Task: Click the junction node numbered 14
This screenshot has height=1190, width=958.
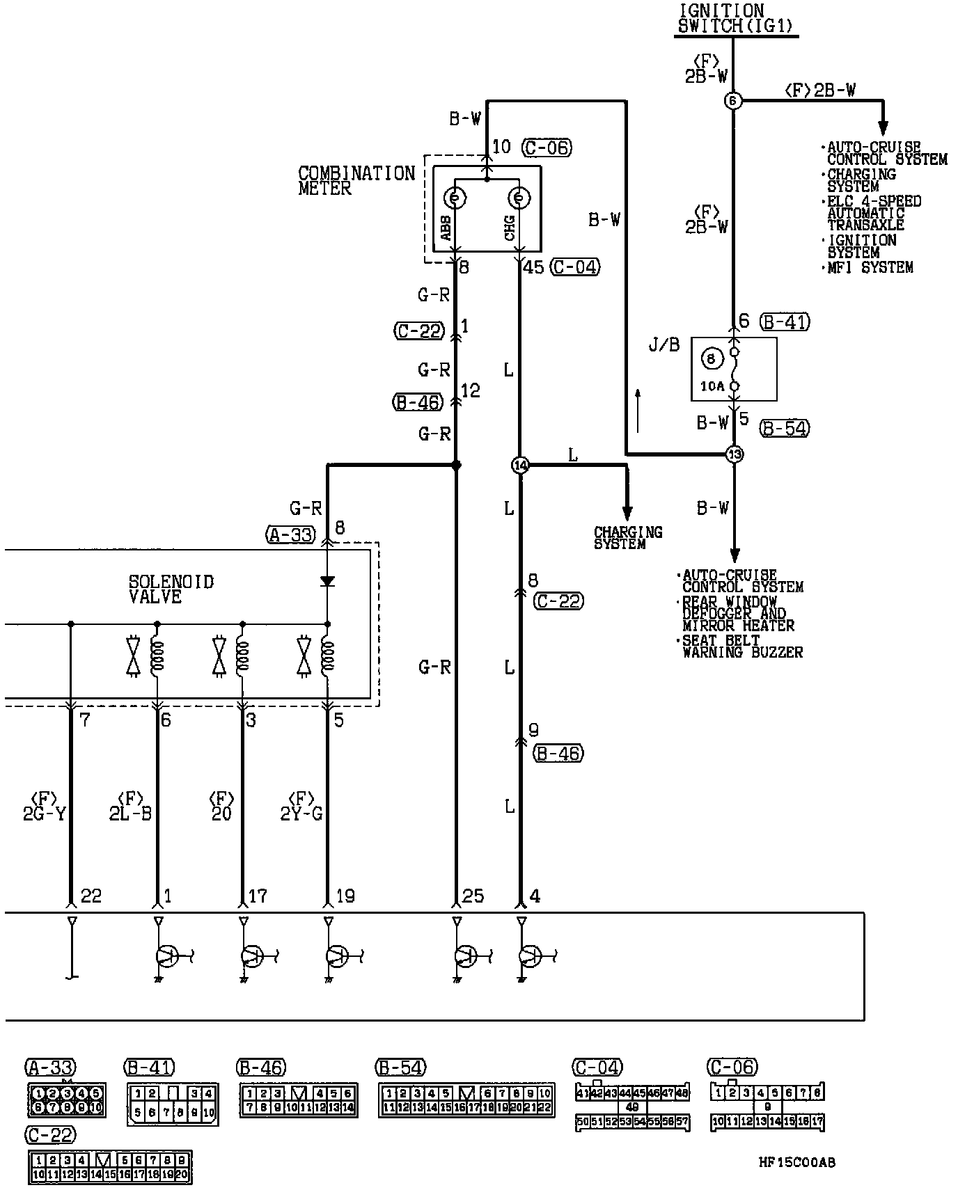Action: tap(520, 465)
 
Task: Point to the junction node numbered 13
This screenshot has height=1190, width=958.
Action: tap(735, 454)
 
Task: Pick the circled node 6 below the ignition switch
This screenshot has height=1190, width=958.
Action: tap(733, 101)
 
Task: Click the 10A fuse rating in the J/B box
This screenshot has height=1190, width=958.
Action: tap(712, 386)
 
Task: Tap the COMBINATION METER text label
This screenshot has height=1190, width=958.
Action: tap(356, 180)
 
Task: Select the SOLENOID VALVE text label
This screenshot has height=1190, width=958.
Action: tap(171, 589)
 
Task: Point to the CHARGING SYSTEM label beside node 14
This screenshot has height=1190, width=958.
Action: tap(627, 537)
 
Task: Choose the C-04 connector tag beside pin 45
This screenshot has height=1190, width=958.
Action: tap(574, 267)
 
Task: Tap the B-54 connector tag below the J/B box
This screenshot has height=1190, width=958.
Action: tap(784, 428)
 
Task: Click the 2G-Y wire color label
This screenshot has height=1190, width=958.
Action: tap(44, 813)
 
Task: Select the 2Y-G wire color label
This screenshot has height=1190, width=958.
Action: tap(301, 813)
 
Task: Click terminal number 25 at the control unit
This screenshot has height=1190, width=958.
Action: tap(473, 896)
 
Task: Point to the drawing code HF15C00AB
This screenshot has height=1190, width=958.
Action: tap(796, 1162)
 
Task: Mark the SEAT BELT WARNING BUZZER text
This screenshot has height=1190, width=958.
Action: tap(741, 646)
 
